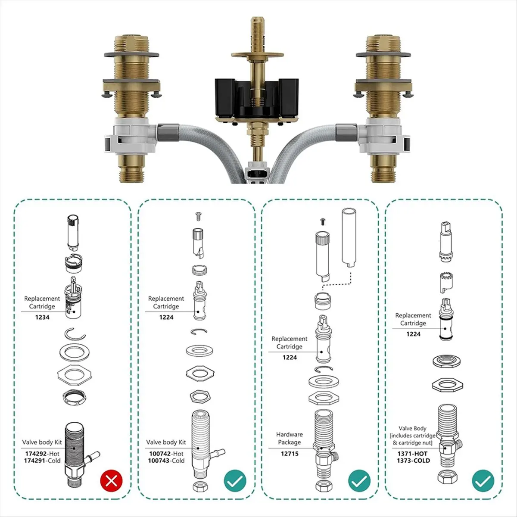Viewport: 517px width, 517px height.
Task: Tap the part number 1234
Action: coord(42,317)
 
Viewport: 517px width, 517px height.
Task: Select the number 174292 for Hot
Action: coord(36,454)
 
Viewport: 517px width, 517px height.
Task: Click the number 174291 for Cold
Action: coord(35,461)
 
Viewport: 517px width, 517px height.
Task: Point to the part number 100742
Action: coord(160,454)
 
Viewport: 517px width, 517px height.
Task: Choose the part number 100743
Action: coord(159,461)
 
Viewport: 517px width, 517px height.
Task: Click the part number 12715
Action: coord(290,454)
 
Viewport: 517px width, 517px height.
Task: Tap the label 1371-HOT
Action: coord(412,454)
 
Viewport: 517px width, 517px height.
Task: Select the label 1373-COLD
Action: coord(414,461)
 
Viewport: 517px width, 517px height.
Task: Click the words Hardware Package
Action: coord(290,438)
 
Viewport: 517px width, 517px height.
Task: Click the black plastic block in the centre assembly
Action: coord(256,99)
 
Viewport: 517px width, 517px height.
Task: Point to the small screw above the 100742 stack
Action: coord(199,216)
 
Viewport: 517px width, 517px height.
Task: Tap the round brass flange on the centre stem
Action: coord(257,54)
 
